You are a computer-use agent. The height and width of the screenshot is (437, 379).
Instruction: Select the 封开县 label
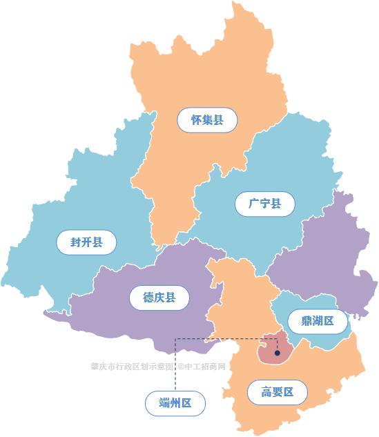pyautogui.click(x=86, y=242)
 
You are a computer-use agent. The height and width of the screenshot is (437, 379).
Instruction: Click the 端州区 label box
pyautogui.click(x=175, y=403)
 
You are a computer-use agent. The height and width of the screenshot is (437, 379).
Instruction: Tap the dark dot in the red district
pyautogui.click(x=277, y=353)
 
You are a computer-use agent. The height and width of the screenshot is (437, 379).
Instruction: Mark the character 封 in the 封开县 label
pyautogui.click(x=75, y=242)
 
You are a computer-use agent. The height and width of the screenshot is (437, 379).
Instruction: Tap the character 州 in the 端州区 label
pyautogui.click(x=175, y=403)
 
